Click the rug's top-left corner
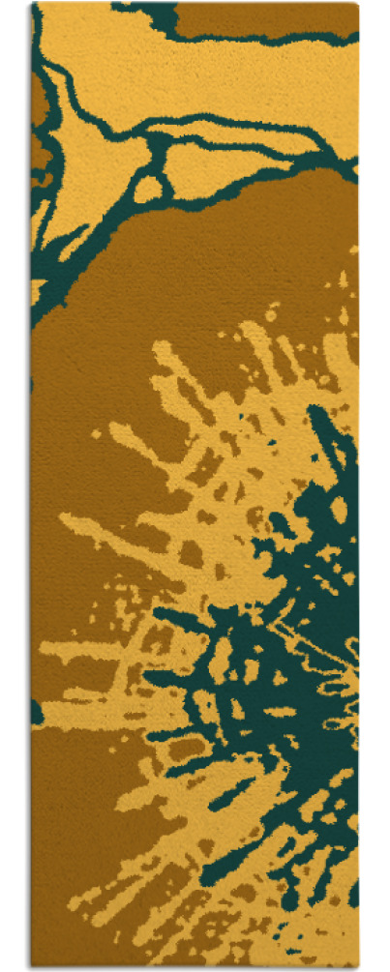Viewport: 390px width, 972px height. [x=33, y=4]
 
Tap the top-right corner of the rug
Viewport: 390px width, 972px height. [x=357, y=4]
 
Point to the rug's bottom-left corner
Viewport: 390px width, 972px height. [x=33, y=966]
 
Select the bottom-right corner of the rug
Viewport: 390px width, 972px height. [x=357, y=966]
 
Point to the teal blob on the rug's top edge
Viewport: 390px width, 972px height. [x=150, y=12]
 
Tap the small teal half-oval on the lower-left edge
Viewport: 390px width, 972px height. [x=37, y=712]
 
